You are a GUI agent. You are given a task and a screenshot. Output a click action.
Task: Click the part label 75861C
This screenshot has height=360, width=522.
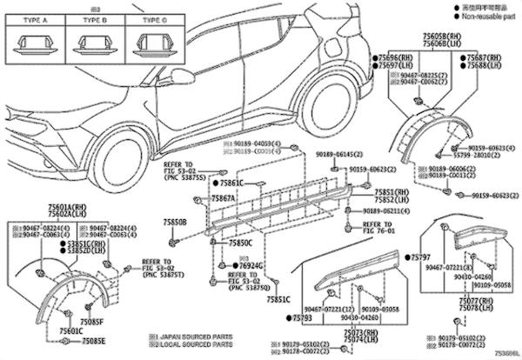click(x=231, y=183)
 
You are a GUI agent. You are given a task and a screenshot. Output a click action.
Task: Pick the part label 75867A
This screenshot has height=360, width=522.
click(x=224, y=198)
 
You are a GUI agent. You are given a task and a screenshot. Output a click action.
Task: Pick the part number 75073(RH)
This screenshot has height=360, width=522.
click(x=364, y=332)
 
